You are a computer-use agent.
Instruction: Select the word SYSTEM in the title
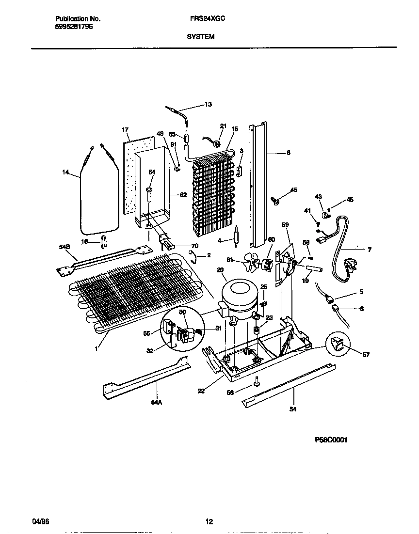tap(200, 36)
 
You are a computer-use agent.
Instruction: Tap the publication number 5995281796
tap(72, 27)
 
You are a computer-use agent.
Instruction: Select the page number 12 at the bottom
tap(209, 522)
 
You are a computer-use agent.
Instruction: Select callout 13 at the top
tap(208, 104)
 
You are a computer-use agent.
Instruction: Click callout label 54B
tap(65, 247)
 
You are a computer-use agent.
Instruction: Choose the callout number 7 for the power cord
tap(370, 250)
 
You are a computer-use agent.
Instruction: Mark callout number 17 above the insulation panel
tap(125, 130)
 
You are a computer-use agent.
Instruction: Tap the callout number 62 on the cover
tap(183, 195)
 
